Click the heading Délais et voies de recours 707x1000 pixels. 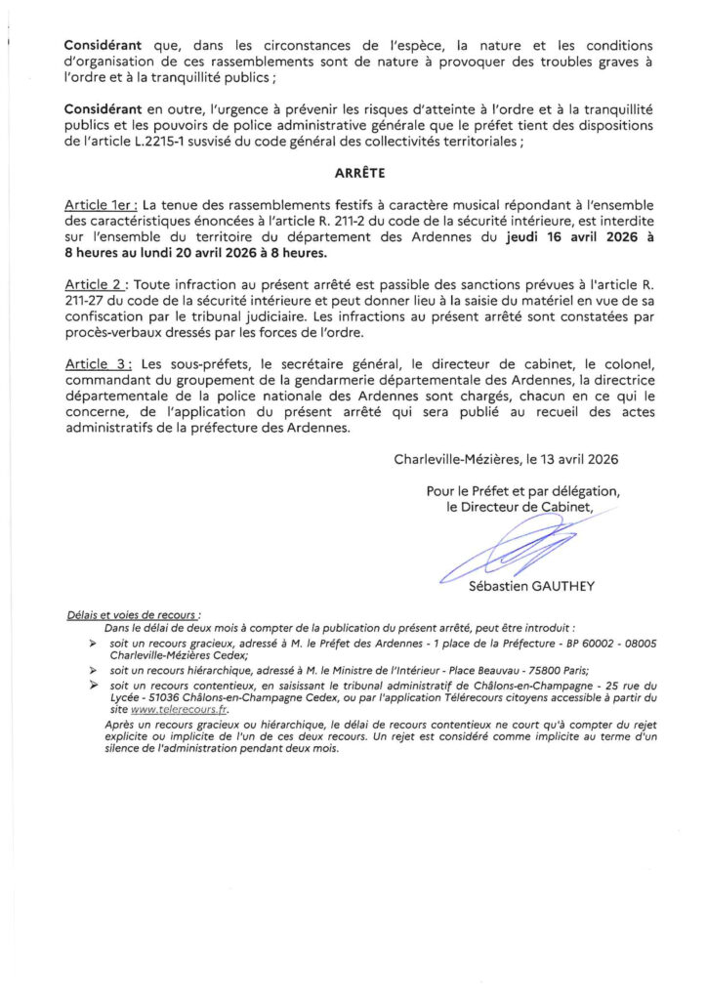[133, 615]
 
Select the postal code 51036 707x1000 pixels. [146, 699]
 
